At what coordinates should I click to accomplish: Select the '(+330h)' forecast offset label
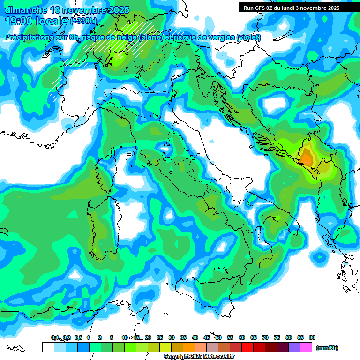[83, 21]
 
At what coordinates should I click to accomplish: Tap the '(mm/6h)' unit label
[327, 348]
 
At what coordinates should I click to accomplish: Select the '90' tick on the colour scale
[312, 337]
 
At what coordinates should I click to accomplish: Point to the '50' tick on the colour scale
[218, 337]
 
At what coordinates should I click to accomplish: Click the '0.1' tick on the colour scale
[54, 337]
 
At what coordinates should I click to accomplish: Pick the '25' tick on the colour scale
[160, 337]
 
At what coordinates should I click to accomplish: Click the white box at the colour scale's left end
[48, 347]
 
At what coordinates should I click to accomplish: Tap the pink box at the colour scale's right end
[307, 347]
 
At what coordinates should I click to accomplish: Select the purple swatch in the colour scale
[294, 347]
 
